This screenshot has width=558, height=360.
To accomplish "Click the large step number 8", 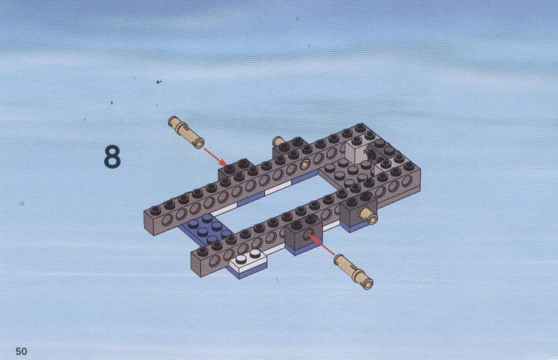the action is [x=112, y=157].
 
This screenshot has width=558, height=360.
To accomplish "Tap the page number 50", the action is [x=21, y=351].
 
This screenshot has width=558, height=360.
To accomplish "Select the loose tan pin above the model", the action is [x=186, y=132].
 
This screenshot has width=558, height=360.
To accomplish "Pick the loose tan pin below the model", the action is [x=353, y=271].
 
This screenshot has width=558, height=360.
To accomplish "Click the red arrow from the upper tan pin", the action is [x=215, y=157].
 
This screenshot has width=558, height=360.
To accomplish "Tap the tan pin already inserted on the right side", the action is [x=368, y=215].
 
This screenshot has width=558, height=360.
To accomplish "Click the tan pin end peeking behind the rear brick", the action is [x=277, y=141].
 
